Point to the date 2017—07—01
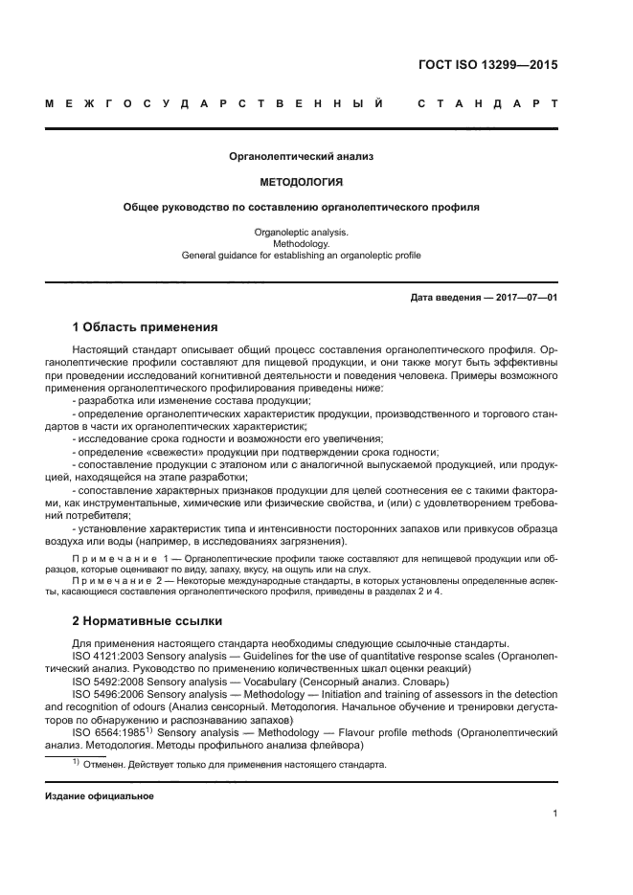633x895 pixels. [x=526, y=298]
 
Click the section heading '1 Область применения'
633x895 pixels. [x=145, y=327]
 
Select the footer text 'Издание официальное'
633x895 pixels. [x=99, y=795]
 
